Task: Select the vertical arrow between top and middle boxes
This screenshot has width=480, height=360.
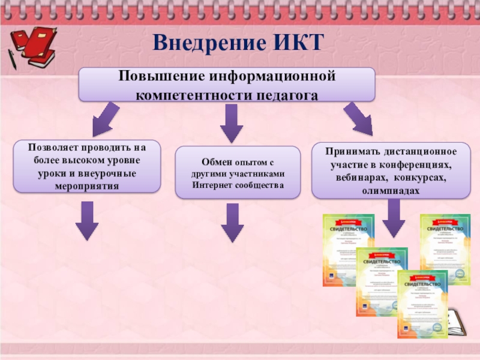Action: click(231, 123)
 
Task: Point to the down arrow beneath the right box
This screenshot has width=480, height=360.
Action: click(394, 217)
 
